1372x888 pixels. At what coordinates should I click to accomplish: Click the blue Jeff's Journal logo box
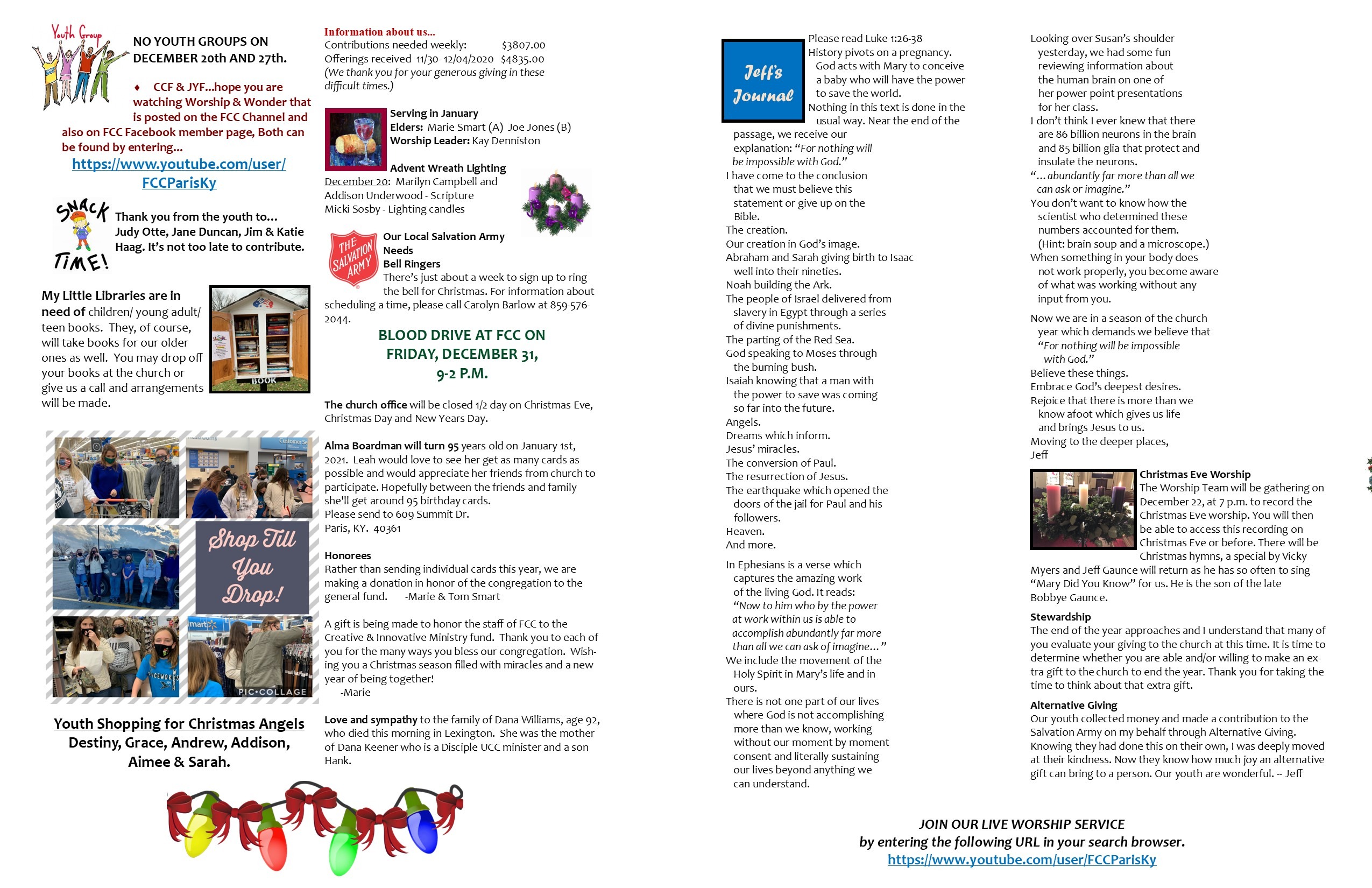click(763, 81)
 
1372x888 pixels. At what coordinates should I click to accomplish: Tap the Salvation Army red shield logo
click(353, 259)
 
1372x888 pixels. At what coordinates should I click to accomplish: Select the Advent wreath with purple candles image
click(556, 203)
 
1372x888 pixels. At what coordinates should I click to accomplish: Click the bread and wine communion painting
click(355, 139)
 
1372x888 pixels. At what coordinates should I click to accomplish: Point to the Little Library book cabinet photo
click(260, 339)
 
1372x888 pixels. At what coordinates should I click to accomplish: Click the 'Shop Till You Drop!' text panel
click(252, 567)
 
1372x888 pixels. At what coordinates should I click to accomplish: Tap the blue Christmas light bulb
click(425, 824)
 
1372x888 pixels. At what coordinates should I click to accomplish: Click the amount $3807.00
click(523, 45)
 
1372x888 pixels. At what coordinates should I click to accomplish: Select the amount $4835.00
click(522, 59)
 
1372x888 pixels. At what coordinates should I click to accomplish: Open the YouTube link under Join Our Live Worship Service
click(1022, 860)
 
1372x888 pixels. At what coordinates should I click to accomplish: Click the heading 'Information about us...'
click(379, 32)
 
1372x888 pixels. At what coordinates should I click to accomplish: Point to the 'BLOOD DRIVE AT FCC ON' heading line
click(461, 335)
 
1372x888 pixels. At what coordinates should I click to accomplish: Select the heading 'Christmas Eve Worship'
click(1194, 474)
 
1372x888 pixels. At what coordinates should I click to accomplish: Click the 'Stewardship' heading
click(1060, 616)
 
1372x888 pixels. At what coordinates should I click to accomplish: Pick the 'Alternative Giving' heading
click(1073, 704)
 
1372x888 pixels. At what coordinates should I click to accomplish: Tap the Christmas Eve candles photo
click(1083, 509)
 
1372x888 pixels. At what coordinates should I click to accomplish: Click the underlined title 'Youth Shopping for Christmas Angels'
click(179, 724)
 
